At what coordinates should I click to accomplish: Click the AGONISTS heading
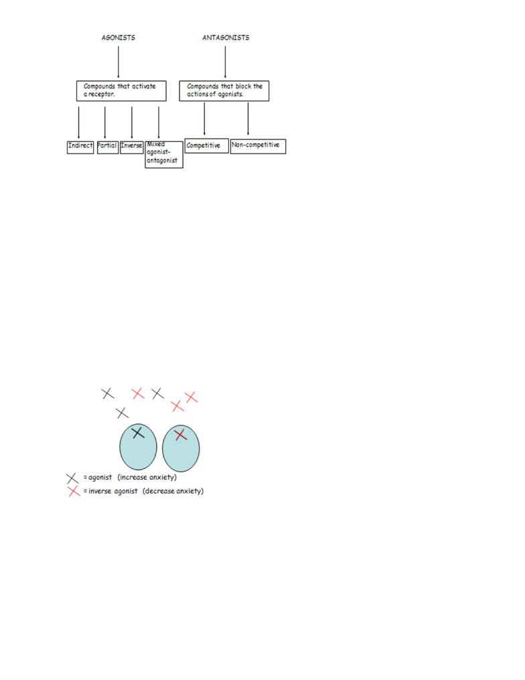click(118, 38)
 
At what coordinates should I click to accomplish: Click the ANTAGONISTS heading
click(226, 38)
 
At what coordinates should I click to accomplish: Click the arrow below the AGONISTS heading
click(119, 62)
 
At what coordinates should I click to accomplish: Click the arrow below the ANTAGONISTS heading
click(225, 62)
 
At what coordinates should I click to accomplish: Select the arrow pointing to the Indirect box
click(78, 123)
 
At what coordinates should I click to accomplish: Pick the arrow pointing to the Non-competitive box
click(248, 119)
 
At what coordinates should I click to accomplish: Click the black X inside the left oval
click(138, 432)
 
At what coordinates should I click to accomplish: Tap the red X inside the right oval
click(180, 435)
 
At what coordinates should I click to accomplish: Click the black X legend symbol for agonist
click(72, 478)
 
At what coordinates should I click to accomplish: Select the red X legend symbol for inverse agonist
click(74, 491)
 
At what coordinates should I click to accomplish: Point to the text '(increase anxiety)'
click(147, 478)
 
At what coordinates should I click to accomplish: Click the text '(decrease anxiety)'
click(173, 491)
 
